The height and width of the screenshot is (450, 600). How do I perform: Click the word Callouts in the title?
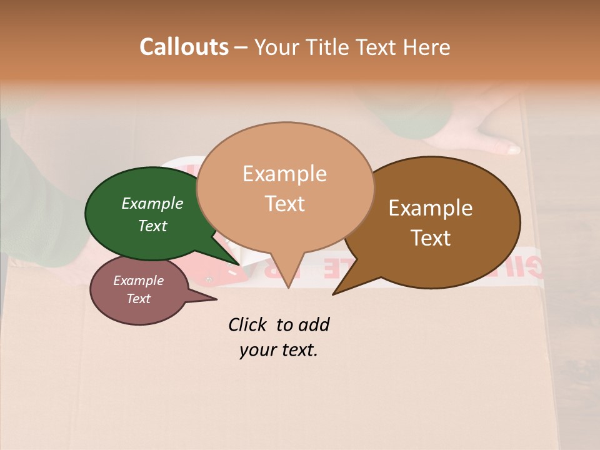pos(184,47)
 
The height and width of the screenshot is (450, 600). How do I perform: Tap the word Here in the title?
pos(427,47)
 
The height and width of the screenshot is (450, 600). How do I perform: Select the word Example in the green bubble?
pos(152,203)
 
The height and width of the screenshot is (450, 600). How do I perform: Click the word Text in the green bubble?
pos(152,226)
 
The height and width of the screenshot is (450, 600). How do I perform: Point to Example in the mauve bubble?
pos(138,281)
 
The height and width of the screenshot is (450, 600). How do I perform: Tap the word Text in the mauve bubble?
pos(138,299)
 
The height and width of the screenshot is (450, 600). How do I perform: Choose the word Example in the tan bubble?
pos(284,174)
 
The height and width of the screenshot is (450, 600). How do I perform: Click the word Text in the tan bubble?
pos(284,204)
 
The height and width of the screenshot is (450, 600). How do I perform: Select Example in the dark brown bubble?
pos(431,208)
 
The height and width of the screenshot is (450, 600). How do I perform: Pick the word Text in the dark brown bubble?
pos(431,238)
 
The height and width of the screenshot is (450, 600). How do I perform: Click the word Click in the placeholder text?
pos(247,324)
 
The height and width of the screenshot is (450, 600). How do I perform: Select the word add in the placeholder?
pos(314,324)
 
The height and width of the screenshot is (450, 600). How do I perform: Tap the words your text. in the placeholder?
pos(279,350)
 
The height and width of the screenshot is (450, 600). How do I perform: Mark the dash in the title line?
pos(242,47)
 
